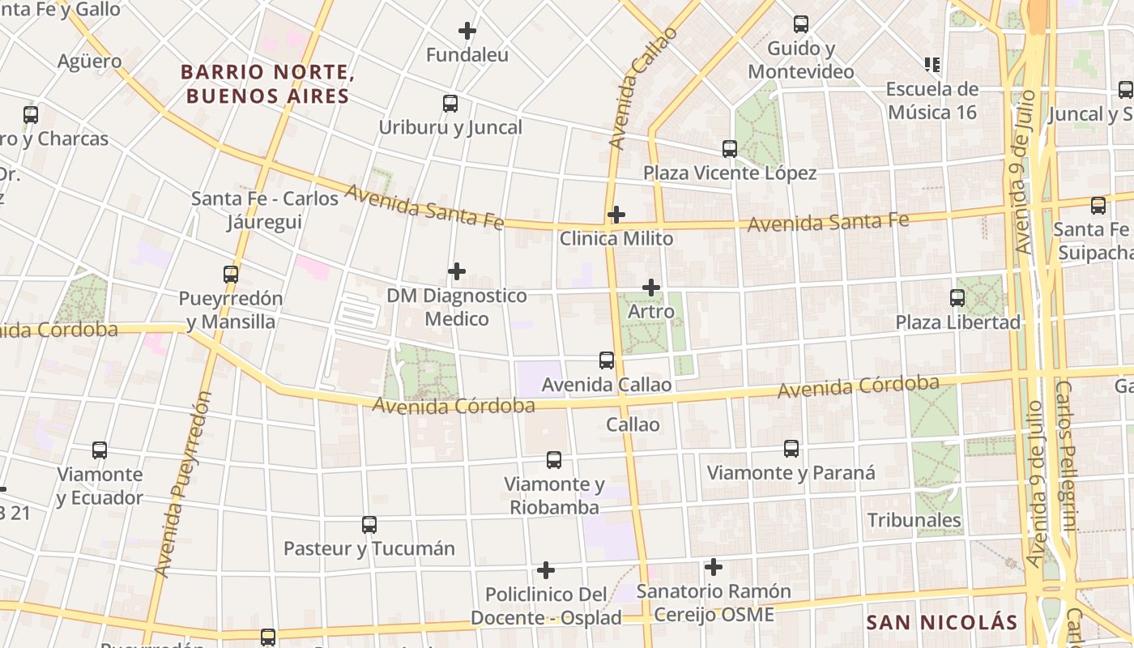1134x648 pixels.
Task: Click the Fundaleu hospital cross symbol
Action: pos(467,31)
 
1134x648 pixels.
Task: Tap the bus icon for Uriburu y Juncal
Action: pos(450,104)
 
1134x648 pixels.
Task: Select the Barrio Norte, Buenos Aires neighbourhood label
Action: pos(267,84)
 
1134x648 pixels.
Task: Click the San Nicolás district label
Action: pos(942,622)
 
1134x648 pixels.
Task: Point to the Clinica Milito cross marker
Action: pos(616,215)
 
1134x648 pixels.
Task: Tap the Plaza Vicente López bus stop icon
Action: pos(730,149)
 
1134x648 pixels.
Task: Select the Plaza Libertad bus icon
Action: pos(957,298)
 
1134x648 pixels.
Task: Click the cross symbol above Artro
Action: pos(651,288)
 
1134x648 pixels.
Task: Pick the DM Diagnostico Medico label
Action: pos(457,307)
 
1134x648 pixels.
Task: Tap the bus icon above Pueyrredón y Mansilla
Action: pos(231,275)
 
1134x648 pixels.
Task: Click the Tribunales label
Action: pos(914,520)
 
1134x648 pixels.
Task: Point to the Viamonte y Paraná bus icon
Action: pos(791,449)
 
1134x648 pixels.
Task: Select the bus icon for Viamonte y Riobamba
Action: pos(554,460)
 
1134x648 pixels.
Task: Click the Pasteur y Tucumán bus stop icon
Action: pos(369,525)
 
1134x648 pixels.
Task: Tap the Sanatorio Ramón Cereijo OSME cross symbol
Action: pos(714,566)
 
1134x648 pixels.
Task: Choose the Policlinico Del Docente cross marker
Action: pos(546,570)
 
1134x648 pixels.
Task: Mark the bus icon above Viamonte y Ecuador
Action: pos(100,450)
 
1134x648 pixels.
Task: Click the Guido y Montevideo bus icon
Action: pos(801,24)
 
